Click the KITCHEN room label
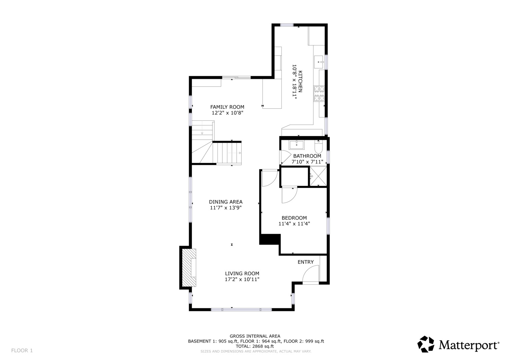tap(300, 81)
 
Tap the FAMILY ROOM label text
tap(227, 107)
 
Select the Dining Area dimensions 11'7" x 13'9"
tap(226, 208)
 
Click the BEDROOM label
tap(294, 218)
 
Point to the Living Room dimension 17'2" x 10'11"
tap(242, 279)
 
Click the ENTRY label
tap(305, 262)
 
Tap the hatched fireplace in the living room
tap(189, 268)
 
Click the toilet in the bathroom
tap(318, 146)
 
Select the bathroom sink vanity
tap(296, 145)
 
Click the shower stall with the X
tap(318, 176)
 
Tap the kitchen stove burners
tap(319, 93)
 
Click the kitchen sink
tap(319, 62)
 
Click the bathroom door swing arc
tap(285, 157)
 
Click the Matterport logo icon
tap(426, 344)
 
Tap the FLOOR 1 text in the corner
tap(22, 350)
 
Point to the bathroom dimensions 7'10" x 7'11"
tap(307, 162)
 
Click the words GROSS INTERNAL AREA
tap(255, 336)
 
